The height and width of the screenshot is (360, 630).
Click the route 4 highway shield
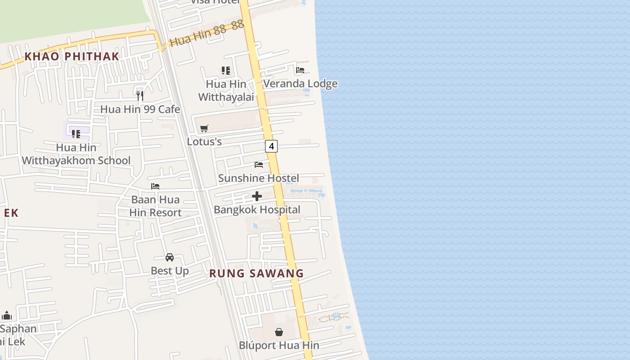click(271, 146)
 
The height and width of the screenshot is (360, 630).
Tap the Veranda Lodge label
click(300, 84)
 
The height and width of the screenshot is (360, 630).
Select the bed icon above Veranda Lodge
click(300, 70)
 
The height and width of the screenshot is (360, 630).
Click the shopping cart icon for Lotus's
click(204, 128)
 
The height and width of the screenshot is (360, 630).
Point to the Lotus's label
click(204, 142)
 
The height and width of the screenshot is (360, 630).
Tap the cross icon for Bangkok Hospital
click(257, 196)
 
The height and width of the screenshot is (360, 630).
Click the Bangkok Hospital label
click(257, 210)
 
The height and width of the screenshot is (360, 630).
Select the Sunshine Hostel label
click(258, 178)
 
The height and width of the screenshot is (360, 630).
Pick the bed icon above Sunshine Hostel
click(259, 164)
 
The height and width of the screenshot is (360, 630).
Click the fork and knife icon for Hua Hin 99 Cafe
click(140, 95)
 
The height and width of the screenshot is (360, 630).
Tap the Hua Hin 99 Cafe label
click(140, 109)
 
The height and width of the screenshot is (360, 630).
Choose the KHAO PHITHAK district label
click(72, 56)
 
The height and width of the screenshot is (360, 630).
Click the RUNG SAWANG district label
click(256, 273)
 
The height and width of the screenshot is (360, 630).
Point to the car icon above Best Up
click(170, 257)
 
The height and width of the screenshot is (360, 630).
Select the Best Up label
click(170, 271)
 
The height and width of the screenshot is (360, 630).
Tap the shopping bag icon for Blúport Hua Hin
click(279, 332)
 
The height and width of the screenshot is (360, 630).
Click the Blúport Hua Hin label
click(279, 346)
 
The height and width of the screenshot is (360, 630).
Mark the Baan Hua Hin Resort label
click(155, 206)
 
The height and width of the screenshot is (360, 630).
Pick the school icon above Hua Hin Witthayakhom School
click(76, 134)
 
